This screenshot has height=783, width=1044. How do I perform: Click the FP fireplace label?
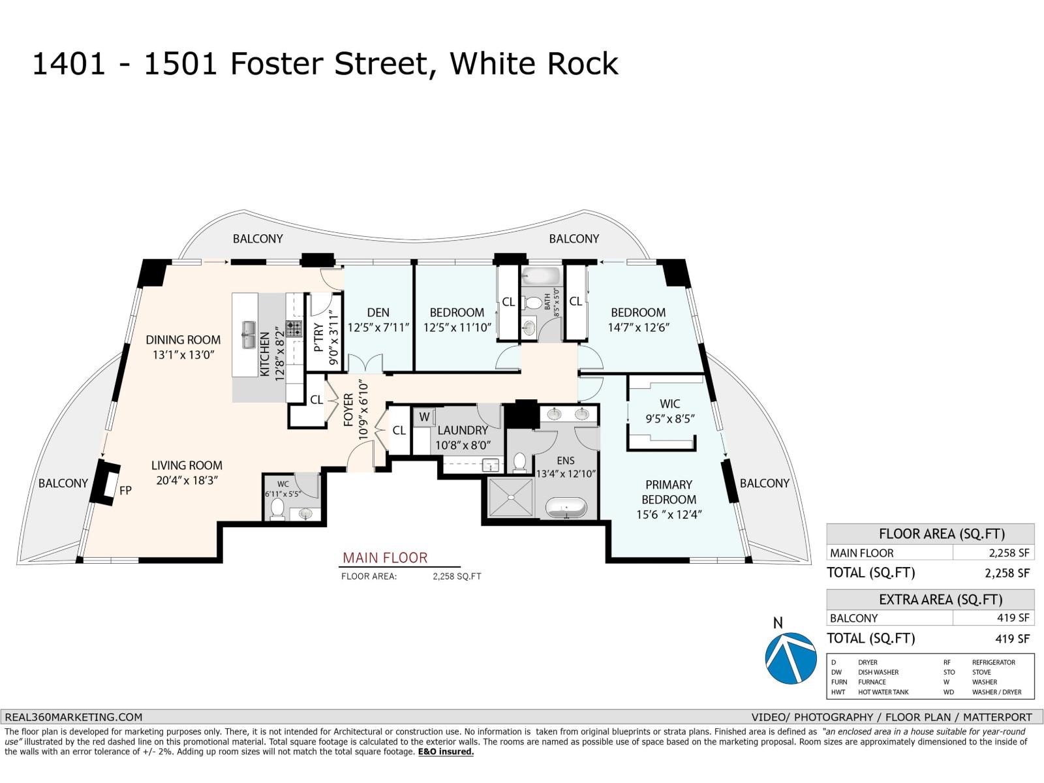(x=125, y=489)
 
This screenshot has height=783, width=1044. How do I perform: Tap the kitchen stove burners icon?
(x=294, y=328)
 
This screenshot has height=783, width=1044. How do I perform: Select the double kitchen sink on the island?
(x=249, y=335)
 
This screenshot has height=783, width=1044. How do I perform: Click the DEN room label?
(x=378, y=313)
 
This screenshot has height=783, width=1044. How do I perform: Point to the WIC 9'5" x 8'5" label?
(x=669, y=411)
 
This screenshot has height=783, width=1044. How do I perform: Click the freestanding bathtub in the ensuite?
(x=566, y=508)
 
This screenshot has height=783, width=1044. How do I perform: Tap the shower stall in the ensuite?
(x=510, y=498)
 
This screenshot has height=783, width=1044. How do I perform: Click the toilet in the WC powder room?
(x=277, y=509)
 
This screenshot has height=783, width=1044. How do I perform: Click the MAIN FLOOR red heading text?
(x=385, y=558)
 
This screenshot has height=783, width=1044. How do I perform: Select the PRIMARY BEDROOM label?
(x=669, y=492)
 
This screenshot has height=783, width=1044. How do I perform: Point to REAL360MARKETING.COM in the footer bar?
(x=73, y=716)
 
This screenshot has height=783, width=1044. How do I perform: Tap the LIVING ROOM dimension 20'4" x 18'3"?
(x=187, y=480)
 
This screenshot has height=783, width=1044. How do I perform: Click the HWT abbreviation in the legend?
(x=838, y=692)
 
